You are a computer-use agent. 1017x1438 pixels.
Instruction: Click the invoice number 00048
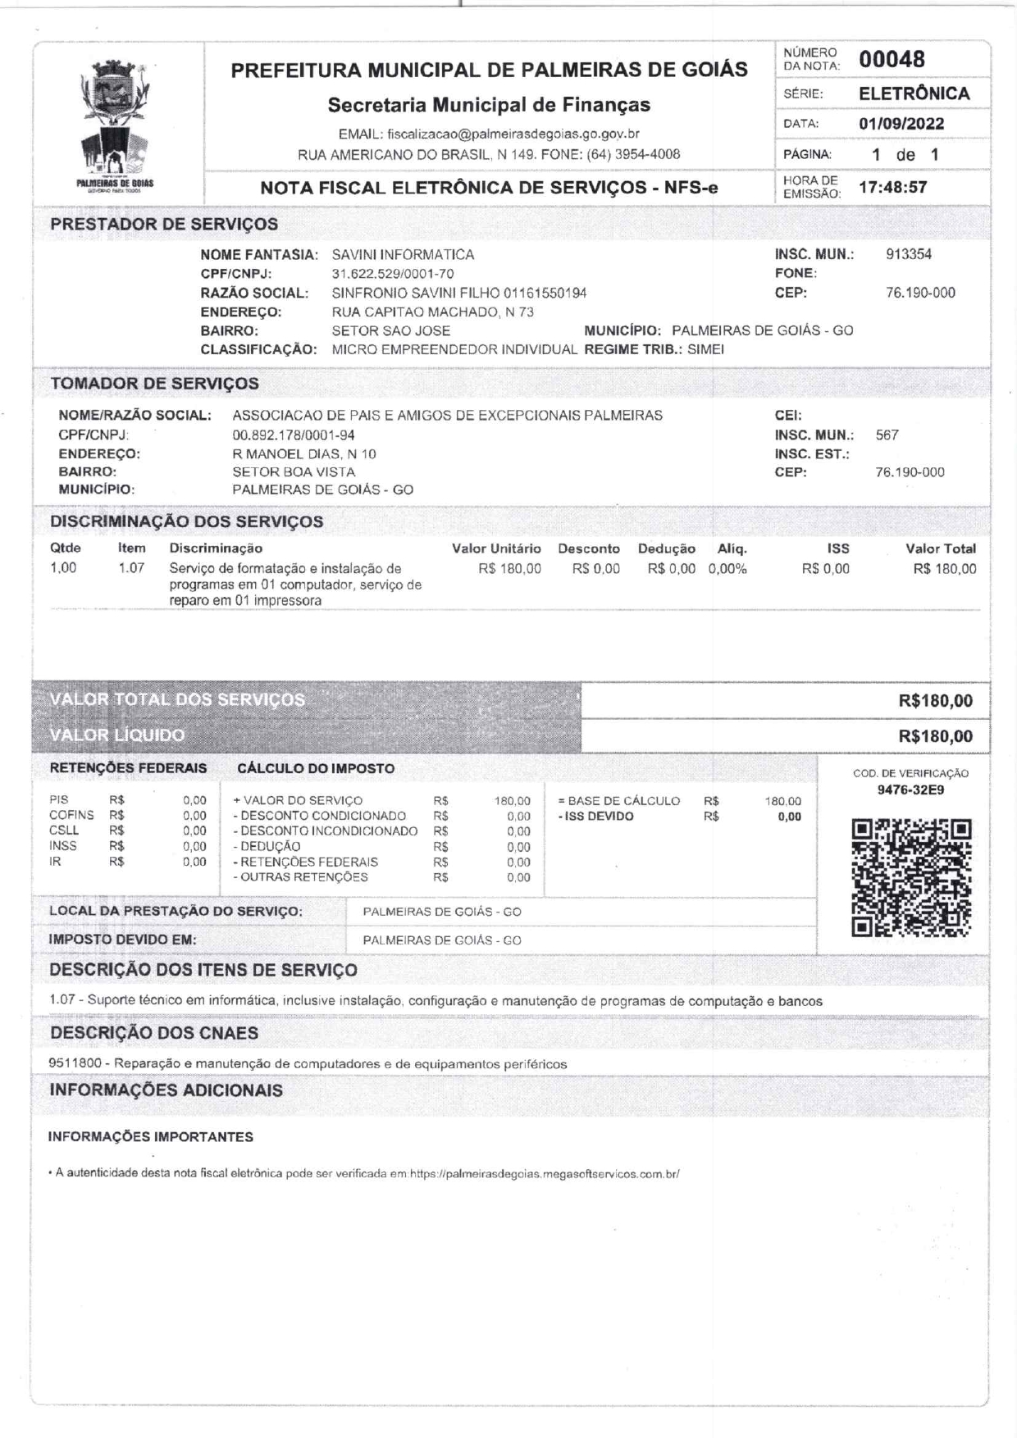892,60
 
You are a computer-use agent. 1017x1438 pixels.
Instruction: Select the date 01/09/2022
901,124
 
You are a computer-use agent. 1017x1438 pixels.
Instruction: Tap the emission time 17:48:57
892,187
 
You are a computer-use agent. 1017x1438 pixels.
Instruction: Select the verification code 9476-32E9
910,790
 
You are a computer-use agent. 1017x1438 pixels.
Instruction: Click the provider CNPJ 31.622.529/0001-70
392,274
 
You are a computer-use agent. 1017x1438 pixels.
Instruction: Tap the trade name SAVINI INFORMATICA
403,255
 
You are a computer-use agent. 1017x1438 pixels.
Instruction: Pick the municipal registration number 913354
909,254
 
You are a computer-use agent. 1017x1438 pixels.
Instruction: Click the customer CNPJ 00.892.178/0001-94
294,435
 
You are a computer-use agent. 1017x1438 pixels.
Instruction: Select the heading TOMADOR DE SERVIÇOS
154,384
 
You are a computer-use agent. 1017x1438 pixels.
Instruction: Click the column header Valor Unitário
496,549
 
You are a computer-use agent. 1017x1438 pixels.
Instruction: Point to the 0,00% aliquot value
727,569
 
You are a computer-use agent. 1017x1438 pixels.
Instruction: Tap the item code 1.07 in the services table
131,567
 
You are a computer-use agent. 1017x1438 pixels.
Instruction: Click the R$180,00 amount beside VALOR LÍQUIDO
935,736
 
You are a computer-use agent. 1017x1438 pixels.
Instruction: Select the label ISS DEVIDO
597,817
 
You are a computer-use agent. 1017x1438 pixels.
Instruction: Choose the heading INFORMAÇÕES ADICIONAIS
166,1090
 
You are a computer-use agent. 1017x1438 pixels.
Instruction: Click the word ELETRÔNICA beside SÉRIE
914,93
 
